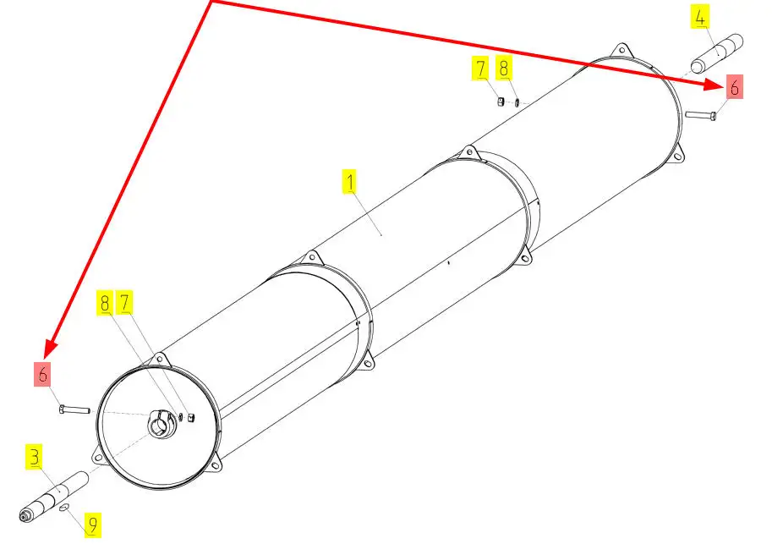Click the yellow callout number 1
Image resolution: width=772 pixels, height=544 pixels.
click(349, 181)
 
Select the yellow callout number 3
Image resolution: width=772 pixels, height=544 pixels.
click(34, 457)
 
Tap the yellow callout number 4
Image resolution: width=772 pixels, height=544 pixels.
click(699, 17)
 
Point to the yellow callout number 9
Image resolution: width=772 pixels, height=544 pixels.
click(92, 525)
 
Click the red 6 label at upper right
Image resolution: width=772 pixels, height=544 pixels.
click(734, 87)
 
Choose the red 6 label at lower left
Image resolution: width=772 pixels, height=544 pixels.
click(42, 374)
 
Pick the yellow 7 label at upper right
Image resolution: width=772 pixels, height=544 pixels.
click(480, 68)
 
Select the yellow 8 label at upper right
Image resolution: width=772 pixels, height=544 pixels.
click(503, 68)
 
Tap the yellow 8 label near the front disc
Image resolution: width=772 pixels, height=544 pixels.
click(104, 303)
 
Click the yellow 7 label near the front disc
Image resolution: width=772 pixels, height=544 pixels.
click(124, 303)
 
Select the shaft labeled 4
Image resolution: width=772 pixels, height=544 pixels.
click(717, 53)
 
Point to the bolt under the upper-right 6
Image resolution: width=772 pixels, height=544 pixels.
click(701, 115)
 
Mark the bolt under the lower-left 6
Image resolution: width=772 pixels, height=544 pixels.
click(74, 409)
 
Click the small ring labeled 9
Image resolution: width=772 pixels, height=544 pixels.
click(64, 507)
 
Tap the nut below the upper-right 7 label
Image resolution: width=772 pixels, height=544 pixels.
click(500, 102)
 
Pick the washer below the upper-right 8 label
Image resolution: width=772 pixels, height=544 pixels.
click(517, 102)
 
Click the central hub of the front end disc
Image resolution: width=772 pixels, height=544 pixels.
click(161, 424)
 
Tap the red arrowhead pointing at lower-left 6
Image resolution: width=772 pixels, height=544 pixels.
click(50, 348)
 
